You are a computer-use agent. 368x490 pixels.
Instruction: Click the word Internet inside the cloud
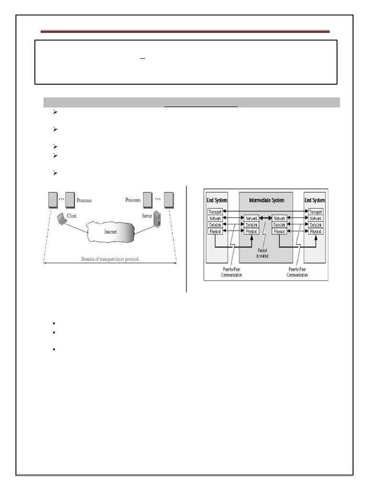tap(111, 231)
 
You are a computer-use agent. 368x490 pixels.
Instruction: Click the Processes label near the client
tap(84, 200)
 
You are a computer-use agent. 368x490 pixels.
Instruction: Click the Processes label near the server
tap(133, 200)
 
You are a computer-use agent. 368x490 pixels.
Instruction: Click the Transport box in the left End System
tap(215, 212)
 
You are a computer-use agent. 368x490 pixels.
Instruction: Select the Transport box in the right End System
tap(316, 212)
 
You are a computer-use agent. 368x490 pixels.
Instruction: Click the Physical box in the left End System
tap(215, 232)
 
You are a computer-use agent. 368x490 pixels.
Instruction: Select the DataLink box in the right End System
tap(316, 225)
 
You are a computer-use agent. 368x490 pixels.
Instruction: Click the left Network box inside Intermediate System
tap(251, 218)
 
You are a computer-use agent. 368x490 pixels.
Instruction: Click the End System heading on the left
tap(217, 200)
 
